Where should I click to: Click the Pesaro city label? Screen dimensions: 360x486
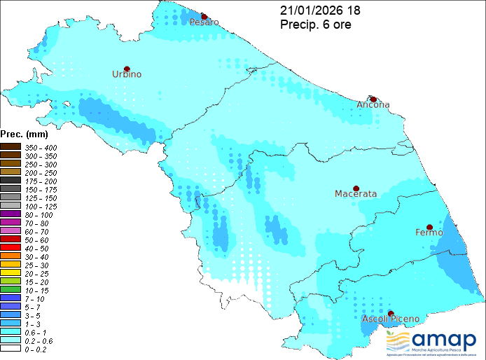[x=204, y=22]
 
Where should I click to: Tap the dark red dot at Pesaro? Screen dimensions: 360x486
[x=204, y=15]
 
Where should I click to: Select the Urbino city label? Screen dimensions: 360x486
[x=127, y=74]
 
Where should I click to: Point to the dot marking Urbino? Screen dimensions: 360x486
[x=127, y=68]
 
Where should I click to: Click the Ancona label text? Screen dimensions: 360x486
[x=373, y=105]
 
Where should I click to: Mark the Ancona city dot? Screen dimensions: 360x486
[x=374, y=99]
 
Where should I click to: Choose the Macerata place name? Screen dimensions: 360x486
[x=356, y=193]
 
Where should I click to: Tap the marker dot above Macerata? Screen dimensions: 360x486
[x=356, y=188]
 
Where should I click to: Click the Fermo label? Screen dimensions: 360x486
[x=429, y=232]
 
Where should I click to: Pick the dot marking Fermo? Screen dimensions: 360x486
[x=429, y=226]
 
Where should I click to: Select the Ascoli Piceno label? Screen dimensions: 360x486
[x=391, y=319]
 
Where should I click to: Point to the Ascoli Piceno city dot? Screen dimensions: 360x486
[x=391, y=314]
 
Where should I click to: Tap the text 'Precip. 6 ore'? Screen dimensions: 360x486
[x=315, y=25]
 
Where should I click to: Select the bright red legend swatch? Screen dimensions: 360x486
[x=11, y=247]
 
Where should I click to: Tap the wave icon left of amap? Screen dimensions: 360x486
[x=398, y=341]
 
